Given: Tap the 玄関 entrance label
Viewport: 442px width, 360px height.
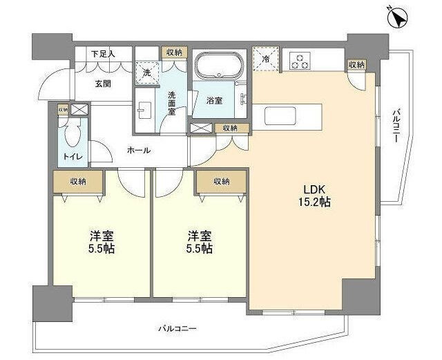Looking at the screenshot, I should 103,84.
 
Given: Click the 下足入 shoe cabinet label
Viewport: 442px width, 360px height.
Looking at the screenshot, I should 103,54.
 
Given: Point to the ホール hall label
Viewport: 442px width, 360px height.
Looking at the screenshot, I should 139,150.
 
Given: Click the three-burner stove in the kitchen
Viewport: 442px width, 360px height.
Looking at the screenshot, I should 300,61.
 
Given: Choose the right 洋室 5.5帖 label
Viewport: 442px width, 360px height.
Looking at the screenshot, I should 198,242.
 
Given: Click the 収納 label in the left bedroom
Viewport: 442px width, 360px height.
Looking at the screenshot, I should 78,181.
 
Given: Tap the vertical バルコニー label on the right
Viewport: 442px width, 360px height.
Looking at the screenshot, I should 396,125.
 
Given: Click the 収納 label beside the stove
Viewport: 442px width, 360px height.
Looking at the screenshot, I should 356,64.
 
